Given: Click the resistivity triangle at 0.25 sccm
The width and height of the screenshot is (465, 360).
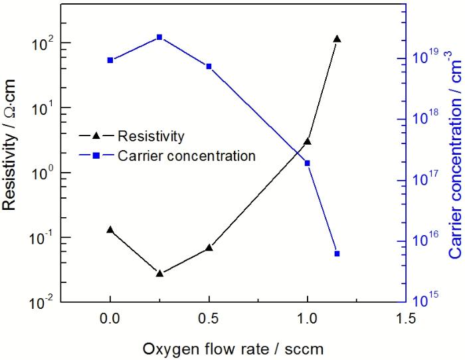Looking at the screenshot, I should pyautogui.click(x=159, y=273).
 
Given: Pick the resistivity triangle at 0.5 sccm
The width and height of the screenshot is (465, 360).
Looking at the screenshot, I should pyautogui.click(x=209, y=247).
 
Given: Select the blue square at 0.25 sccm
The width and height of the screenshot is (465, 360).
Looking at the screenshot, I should pyautogui.click(x=159, y=37).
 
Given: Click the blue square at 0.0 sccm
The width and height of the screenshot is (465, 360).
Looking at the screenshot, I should pyautogui.click(x=110, y=60).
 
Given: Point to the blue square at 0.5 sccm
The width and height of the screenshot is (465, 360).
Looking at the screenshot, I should pyautogui.click(x=209, y=66).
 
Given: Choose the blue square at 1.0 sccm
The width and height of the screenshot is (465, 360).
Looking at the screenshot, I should pyautogui.click(x=307, y=163).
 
